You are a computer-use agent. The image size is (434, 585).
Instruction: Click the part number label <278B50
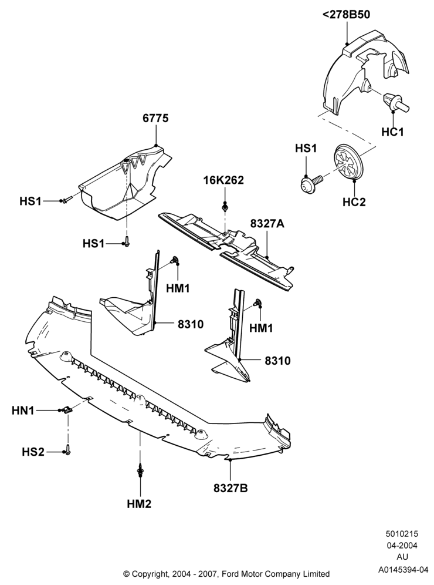(346, 15)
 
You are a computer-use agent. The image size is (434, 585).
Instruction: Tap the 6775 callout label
(156, 118)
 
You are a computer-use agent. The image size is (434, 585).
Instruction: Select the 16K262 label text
(223, 180)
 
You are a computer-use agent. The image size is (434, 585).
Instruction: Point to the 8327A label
(267, 224)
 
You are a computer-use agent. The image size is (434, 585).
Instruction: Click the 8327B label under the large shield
(230, 487)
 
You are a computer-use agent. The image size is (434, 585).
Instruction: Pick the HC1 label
(392, 132)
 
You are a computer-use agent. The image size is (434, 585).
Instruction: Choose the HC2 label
(354, 202)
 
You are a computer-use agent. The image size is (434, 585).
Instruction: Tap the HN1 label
(23, 411)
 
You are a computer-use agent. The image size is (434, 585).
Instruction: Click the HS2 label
(33, 452)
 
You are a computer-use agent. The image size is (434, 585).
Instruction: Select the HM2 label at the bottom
(140, 504)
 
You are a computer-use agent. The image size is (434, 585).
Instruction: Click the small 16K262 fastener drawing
(225, 206)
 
